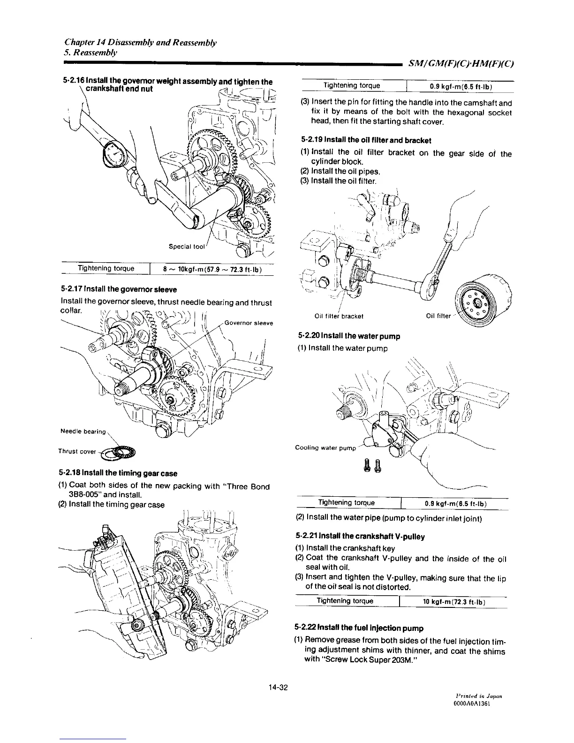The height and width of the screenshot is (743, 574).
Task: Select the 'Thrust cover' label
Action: [76, 452]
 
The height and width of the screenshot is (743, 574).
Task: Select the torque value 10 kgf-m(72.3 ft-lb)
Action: [453, 602]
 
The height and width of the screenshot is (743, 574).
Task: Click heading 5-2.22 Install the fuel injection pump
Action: [359, 628]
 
